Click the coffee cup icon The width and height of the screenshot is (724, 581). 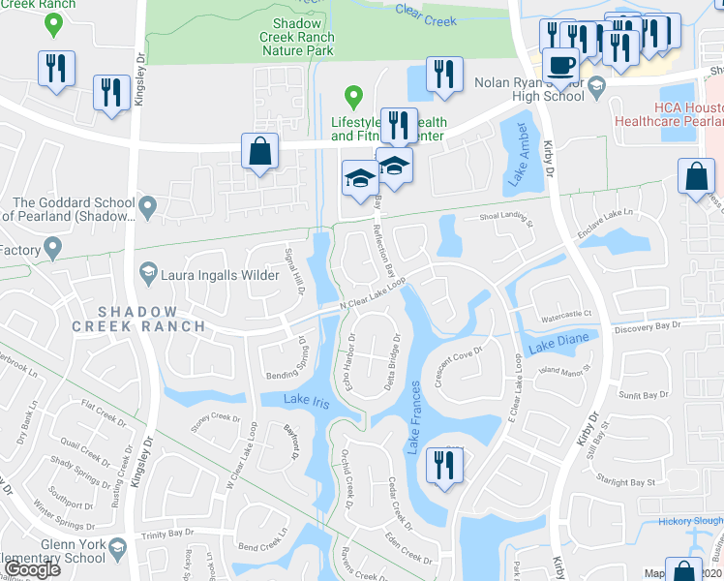click(x=559, y=66)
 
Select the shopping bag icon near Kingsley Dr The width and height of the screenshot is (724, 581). click(x=259, y=151)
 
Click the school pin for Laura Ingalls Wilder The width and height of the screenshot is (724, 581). click(x=147, y=273)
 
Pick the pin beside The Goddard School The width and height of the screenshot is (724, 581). click(x=147, y=205)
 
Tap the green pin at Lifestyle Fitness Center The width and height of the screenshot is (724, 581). click(x=354, y=97)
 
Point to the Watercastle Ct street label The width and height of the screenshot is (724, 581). click(x=564, y=316)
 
